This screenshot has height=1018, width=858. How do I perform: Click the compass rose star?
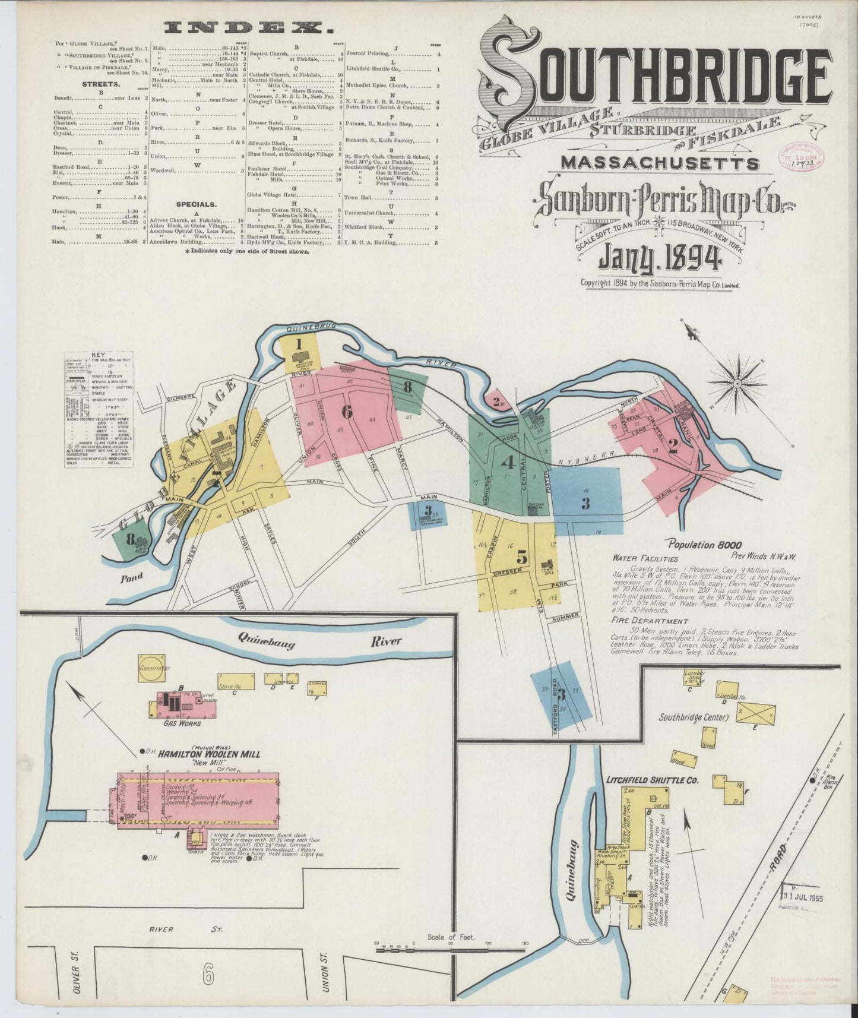pyautogui.click(x=737, y=384)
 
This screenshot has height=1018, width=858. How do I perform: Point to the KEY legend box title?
pyautogui.click(x=98, y=356)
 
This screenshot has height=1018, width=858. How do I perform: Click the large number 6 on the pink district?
pyautogui.click(x=347, y=410)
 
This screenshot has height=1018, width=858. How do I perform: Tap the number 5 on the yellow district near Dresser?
pyautogui.click(x=521, y=557)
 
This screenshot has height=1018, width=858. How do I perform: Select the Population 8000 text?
pyautogui.click(x=704, y=544)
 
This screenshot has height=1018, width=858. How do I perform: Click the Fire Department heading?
pyautogui.click(x=639, y=619)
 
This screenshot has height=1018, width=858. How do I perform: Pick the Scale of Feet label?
pyautogui.click(x=451, y=937)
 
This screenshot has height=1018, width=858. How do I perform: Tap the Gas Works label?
pyautogui.click(x=182, y=723)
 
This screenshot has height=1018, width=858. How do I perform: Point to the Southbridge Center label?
pyautogui.click(x=693, y=717)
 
